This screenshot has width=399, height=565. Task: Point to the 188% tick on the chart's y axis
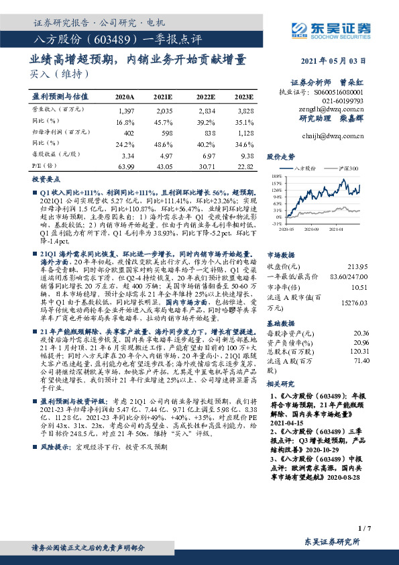pyautogui.click(x=276, y=183)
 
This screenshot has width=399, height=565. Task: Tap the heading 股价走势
pyautogui.click(x=281, y=156)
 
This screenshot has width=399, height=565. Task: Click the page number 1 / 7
pyautogui.click(x=364, y=530)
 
